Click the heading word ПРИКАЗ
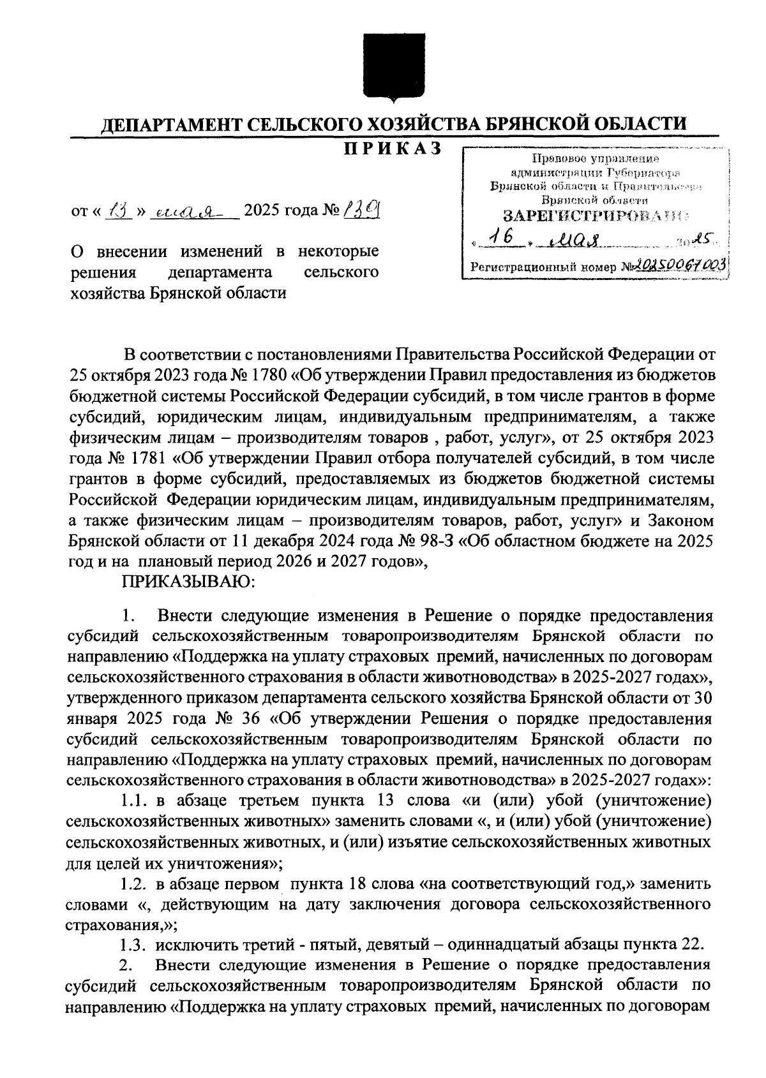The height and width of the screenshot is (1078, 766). [394, 149]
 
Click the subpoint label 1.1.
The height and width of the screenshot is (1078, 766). [134, 801]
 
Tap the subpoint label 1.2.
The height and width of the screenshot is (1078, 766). [134, 885]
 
